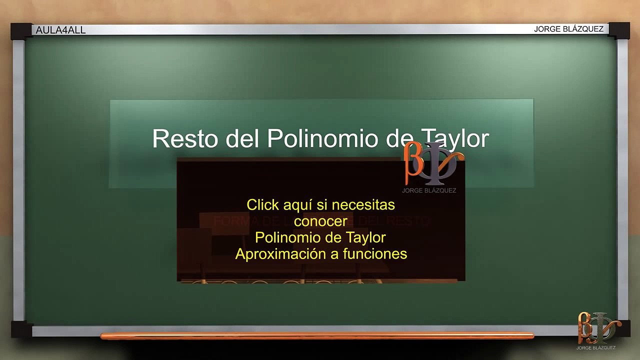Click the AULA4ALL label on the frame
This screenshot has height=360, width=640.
[60, 30]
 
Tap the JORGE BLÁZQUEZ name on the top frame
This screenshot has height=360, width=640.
[568, 29]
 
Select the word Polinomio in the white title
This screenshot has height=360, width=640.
[322, 138]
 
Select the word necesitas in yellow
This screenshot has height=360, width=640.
[363, 204]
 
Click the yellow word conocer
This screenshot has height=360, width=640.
[320, 220]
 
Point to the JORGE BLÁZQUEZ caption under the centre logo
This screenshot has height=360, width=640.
[429, 190]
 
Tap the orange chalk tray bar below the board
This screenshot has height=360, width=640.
[317, 336]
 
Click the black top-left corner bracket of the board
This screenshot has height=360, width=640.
[20, 31]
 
